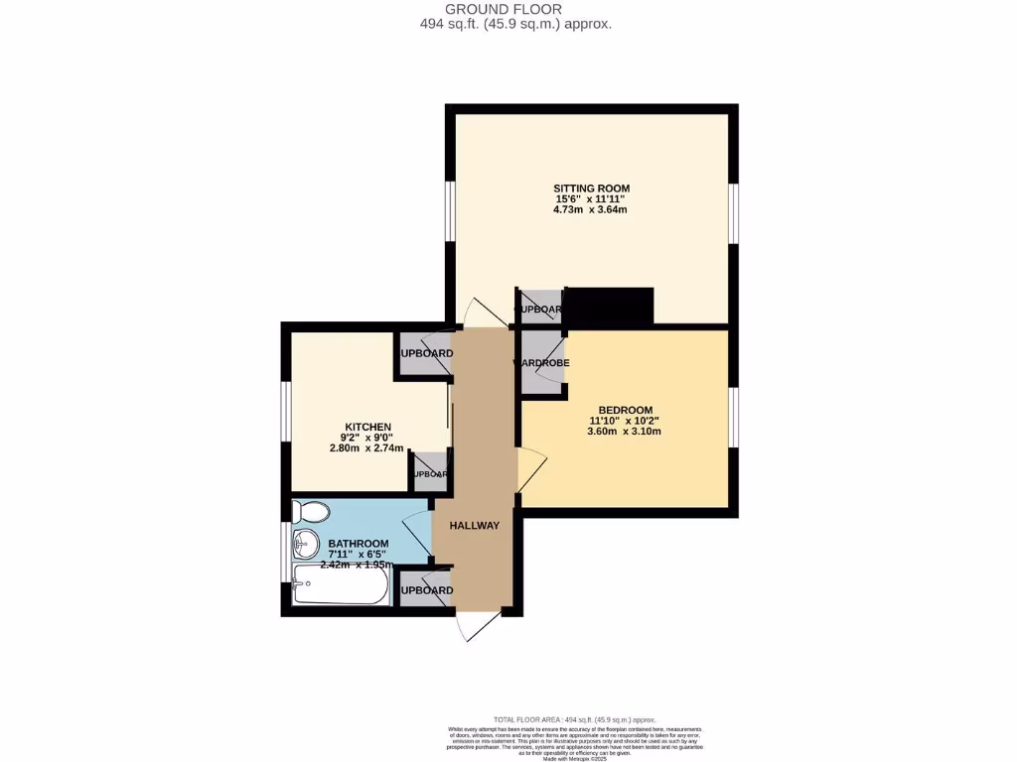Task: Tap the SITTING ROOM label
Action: point(592,188)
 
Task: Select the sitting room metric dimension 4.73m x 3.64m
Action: point(592,210)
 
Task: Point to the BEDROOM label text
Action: point(625,410)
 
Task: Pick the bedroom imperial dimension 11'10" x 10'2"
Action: point(625,421)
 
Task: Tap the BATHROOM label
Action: point(359,544)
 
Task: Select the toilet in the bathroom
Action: point(312,512)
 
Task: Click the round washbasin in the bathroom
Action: point(303,545)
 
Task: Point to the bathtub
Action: point(340,586)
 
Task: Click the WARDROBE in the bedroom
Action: point(542,363)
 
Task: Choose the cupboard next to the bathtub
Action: point(424,590)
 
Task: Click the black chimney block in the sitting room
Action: point(608,306)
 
